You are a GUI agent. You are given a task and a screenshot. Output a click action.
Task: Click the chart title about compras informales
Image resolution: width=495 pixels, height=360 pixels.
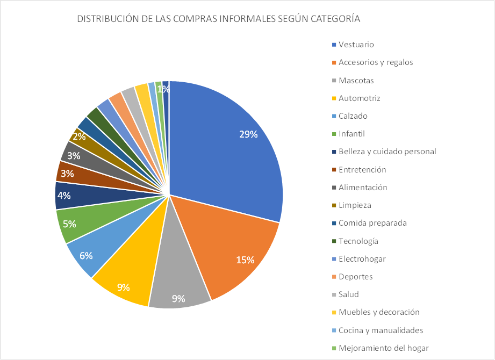pyautogui.click(x=219, y=19)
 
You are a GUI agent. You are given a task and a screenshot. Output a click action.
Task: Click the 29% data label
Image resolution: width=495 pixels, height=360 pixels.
pyautogui.click(x=248, y=134)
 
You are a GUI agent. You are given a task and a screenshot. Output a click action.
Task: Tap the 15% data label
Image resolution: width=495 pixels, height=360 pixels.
pyautogui.click(x=245, y=260)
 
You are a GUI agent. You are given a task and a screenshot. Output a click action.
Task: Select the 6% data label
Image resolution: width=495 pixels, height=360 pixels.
pyautogui.click(x=86, y=256)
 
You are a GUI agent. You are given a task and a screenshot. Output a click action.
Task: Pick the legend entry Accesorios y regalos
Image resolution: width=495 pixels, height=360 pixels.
pyautogui.click(x=376, y=62)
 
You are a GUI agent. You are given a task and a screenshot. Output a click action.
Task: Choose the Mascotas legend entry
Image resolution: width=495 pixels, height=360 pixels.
pyautogui.click(x=356, y=81)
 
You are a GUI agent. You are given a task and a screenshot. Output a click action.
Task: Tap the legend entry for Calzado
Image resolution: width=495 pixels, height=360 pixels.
pyautogui.click(x=353, y=116)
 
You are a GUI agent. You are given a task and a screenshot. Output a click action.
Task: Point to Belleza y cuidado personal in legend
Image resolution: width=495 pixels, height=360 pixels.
pyautogui.click(x=387, y=152)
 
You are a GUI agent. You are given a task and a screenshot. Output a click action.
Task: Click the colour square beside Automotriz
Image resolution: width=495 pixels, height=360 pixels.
pyautogui.click(x=334, y=98)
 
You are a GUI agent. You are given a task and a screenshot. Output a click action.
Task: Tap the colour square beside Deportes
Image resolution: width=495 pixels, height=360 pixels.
pyautogui.click(x=334, y=277)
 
